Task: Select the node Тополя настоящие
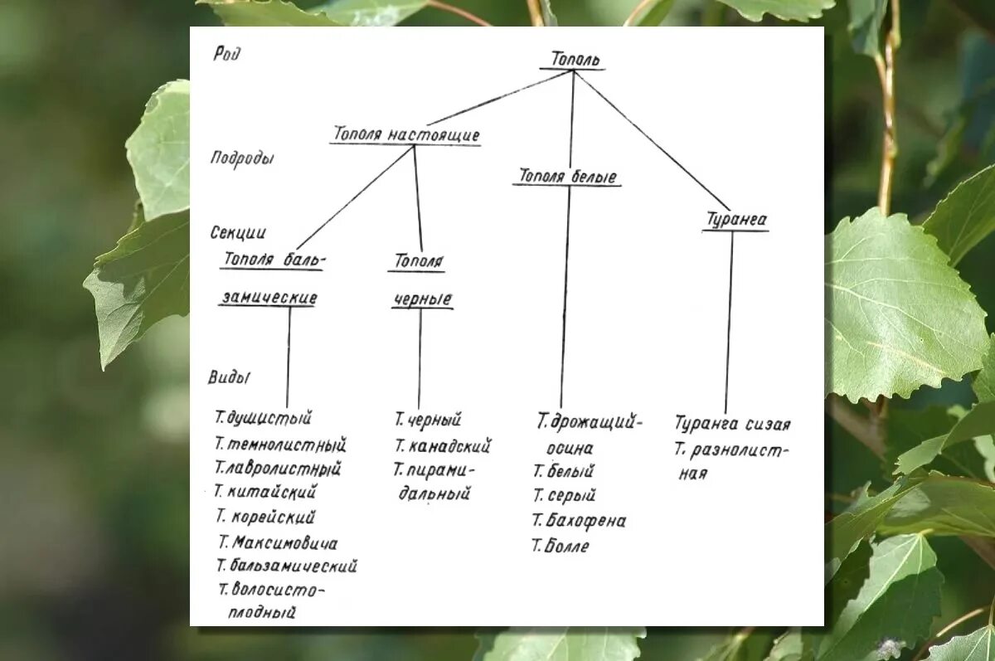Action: [x=406, y=134]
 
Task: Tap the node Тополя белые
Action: [x=568, y=177]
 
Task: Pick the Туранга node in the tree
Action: [x=735, y=221]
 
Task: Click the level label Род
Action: [x=226, y=55]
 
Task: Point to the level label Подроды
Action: [x=241, y=158]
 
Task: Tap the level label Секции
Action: [x=238, y=233]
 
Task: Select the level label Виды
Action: [x=229, y=377]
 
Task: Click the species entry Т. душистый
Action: [x=263, y=418]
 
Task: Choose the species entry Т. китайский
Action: [x=265, y=492]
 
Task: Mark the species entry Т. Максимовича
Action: [x=278, y=543]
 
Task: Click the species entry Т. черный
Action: [x=428, y=420]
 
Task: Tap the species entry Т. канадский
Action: [x=443, y=446]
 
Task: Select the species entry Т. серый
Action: [x=564, y=496]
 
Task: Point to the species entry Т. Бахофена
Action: [x=579, y=521]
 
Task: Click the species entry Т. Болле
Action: [x=561, y=547]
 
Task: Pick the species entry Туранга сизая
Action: [x=732, y=425]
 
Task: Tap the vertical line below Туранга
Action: [x=730, y=323]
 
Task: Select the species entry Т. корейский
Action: [x=265, y=518]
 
